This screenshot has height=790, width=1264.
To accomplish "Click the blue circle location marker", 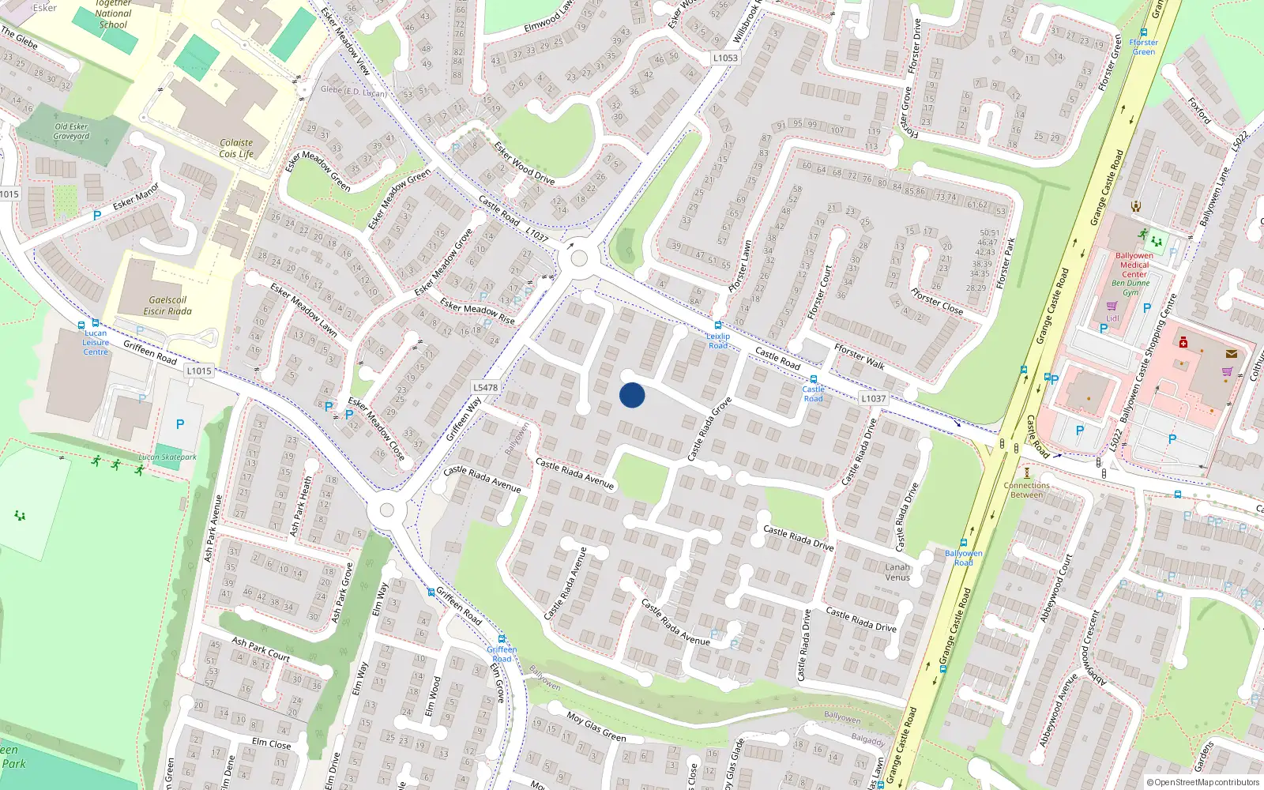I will (x=632, y=395).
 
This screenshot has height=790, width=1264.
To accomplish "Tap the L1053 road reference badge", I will (x=725, y=58).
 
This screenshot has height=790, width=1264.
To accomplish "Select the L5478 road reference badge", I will (x=485, y=387).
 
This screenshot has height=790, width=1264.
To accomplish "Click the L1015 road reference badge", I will (x=199, y=371).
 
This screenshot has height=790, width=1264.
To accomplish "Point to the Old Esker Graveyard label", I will (x=71, y=131).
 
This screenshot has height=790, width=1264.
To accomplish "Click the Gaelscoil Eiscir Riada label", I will (x=167, y=306).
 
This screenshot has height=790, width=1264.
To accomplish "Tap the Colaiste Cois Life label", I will (x=236, y=149).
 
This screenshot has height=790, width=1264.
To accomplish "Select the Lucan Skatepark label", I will (x=167, y=457).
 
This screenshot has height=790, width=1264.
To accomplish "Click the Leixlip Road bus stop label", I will (x=717, y=340).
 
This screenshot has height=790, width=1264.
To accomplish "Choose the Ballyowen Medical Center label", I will (x=1134, y=265).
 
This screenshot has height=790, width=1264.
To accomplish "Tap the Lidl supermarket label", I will (x=1112, y=318).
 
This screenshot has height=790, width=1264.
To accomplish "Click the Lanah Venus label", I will (x=897, y=572).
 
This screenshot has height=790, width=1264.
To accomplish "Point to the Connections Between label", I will (x=1027, y=490).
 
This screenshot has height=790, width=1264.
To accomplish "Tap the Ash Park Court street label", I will (x=261, y=649).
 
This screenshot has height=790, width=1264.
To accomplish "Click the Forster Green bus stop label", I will (x=1143, y=47).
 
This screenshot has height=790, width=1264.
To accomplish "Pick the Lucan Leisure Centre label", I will (x=96, y=342).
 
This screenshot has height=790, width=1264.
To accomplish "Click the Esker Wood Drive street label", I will (x=524, y=163).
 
